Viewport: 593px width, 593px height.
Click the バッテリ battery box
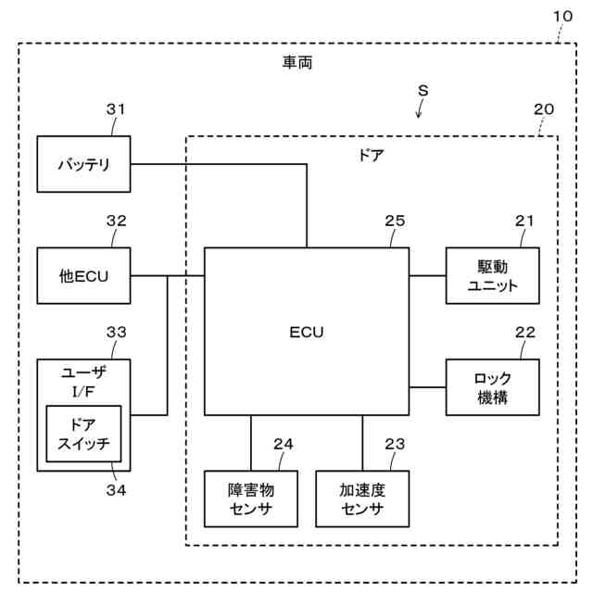click(x=83, y=164)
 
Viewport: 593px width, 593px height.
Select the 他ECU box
click(x=83, y=276)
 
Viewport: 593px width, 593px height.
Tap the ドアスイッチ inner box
click(x=83, y=434)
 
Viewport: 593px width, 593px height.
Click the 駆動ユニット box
click(x=492, y=276)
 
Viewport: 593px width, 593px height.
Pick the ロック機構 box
click(x=492, y=387)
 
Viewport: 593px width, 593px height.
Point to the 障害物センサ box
click(x=251, y=498)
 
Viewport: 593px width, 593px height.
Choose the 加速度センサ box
click(x=362, y=498)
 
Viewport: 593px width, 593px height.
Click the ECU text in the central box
click(x=307, y=332)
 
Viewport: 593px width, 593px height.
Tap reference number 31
click(x=115, y=109)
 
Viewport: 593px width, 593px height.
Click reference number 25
click(x=395, y=221)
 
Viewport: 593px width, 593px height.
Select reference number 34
click(x=116, y=490)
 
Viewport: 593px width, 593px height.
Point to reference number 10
click(x=562, y=17)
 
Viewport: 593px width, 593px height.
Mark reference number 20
click(x=544, y=109)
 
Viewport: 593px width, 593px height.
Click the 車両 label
click(x=297, y=63)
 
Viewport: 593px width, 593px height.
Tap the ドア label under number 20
click(x=371, y=156)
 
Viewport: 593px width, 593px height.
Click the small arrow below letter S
click(x=419, y=109)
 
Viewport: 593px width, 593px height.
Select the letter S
click(x=423, y=91)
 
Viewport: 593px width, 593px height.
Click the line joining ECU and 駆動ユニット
click(x=427, y=276)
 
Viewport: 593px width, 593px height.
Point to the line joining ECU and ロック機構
click(x=427, y=387)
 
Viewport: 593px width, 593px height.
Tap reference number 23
click(x=395, y=444)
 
